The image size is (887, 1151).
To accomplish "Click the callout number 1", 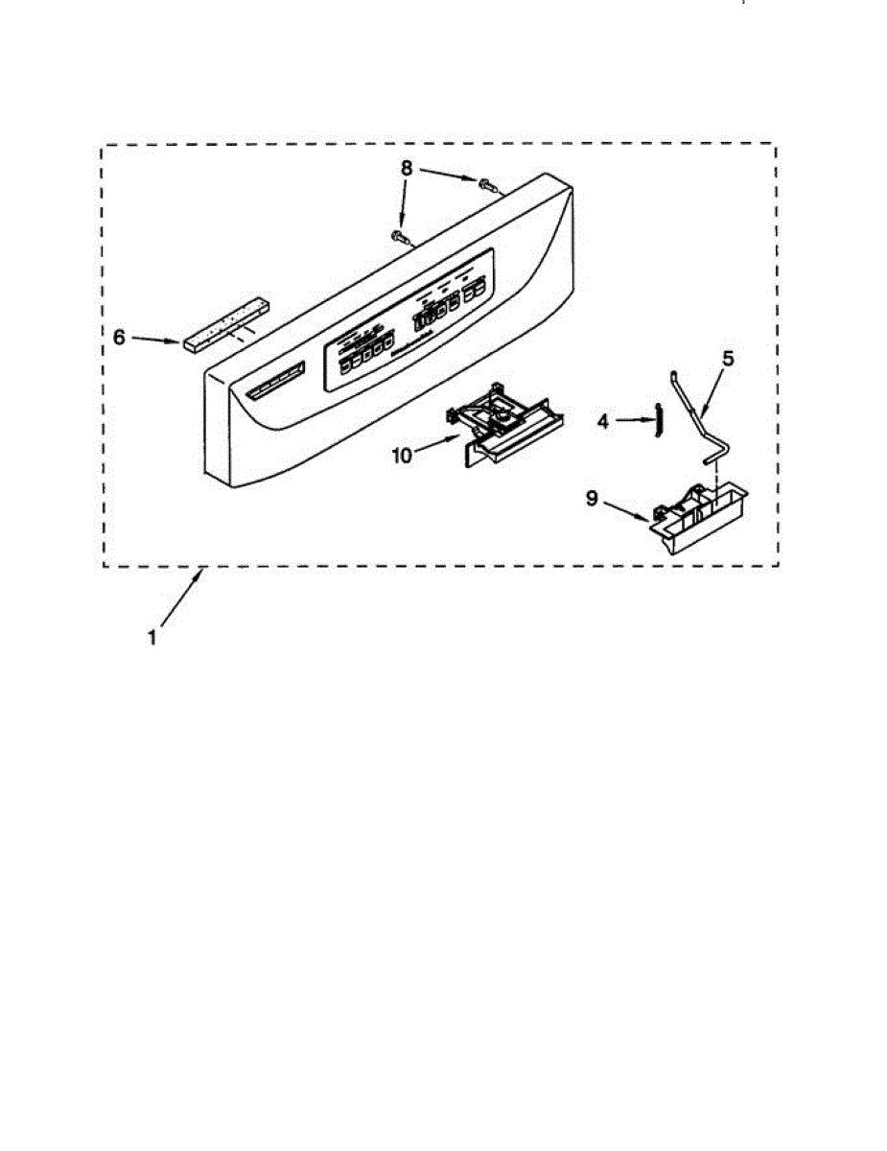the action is click(152, 635).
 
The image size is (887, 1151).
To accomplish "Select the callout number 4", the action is click(604, 421).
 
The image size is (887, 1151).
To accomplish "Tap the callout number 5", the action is click(728, 359).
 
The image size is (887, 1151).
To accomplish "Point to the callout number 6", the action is click(119, 337).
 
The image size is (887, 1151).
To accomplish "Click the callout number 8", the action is click(407, 168).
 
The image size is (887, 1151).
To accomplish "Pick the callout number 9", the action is click(593, 499).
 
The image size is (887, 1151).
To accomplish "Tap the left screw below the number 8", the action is click(399, 235).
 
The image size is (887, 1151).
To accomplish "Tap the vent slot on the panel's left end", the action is click(274, 382).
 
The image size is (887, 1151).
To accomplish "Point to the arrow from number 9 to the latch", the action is click(629, 511).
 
